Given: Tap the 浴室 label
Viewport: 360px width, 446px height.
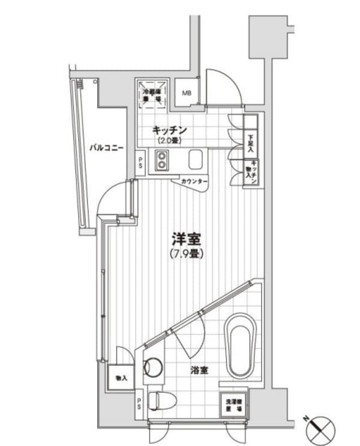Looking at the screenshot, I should (x=200, y=370).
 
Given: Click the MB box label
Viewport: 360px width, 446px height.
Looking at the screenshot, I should (x=187, y=93).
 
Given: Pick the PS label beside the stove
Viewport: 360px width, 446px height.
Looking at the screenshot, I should (x=140, y=163).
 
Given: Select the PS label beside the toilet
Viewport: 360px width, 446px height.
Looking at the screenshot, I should (x=139, y=402).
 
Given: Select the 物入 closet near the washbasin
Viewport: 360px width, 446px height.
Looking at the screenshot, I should (x=121, y=378).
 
